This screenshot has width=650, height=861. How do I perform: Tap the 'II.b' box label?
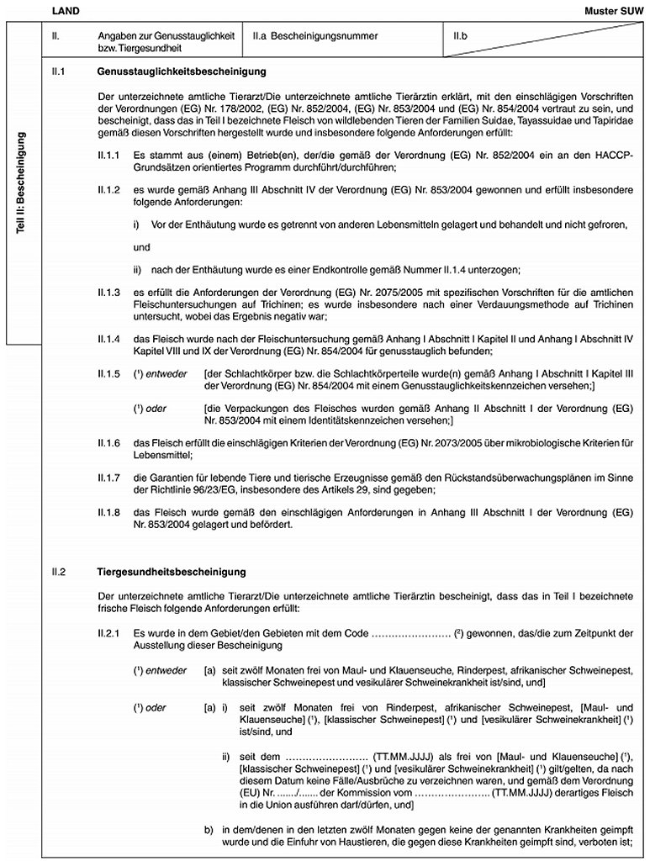460,36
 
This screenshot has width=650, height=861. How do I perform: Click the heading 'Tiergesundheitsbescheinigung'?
171,573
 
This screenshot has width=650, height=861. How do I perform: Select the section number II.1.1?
109,156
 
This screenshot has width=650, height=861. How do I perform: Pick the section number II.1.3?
109,293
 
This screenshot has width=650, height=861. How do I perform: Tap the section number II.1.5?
109,372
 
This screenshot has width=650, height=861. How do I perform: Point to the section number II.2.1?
109,631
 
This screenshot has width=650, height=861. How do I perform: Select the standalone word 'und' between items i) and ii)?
141,247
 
